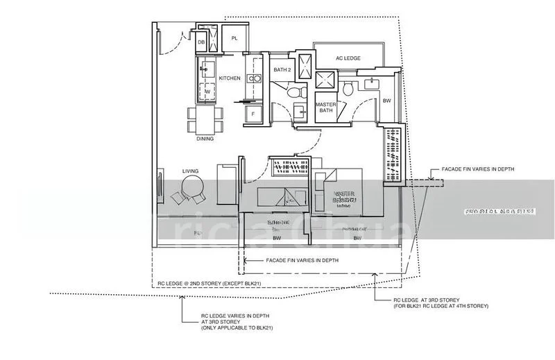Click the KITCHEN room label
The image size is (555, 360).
coord(230,78)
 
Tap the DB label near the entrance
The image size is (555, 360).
coord(200,43)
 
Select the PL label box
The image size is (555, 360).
coord(234,38)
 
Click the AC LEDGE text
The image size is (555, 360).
coord(348,59)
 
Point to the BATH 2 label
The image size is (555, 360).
coord(281,70)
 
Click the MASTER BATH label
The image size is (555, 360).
coord(325,108)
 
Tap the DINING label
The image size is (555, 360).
coord(205,139)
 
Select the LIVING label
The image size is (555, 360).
coord(190,170)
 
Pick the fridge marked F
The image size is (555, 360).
coord(253,114)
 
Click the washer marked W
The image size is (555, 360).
coord(207,92)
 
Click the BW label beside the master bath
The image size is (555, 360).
coord(386,101)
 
